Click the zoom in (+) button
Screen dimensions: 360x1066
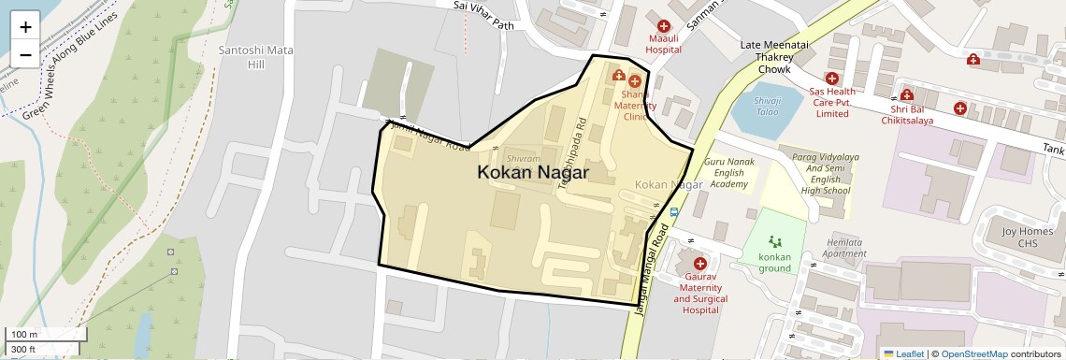25,26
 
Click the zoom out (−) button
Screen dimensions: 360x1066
25,54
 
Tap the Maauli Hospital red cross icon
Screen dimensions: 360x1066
664,27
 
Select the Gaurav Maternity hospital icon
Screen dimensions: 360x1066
699,264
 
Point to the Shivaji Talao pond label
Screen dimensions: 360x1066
766,105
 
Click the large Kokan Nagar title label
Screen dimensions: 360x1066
533,173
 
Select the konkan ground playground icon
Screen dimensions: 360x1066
773,241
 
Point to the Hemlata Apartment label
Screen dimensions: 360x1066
845,248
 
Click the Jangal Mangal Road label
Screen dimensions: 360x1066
652,272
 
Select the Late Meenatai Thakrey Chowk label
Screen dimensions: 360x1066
767,57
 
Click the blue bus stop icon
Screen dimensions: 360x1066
674,212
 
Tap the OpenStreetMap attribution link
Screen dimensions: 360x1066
973,353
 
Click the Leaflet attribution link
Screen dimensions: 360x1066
904,353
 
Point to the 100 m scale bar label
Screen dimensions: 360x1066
24,335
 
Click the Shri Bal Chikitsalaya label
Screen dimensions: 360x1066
907,114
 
